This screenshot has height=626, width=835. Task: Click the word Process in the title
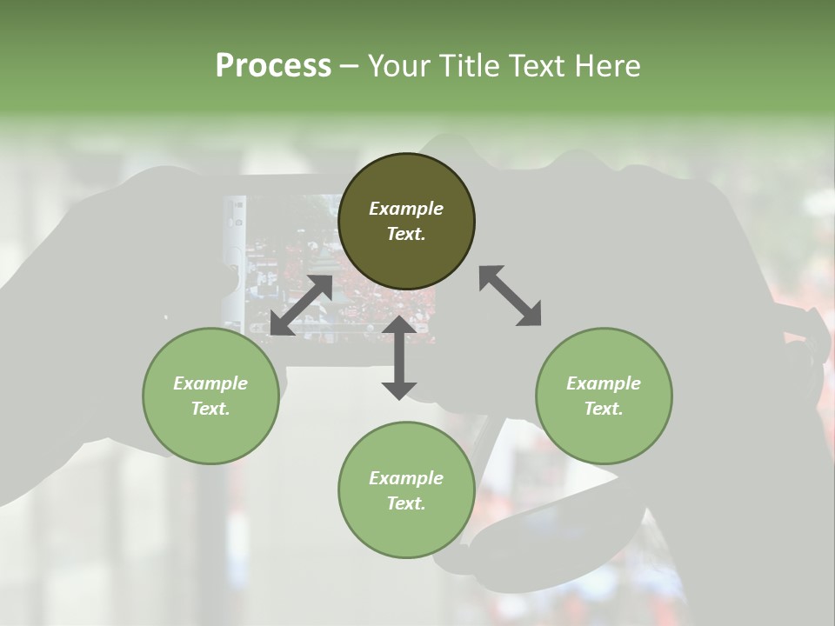[273, 66]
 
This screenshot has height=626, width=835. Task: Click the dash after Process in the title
[349, 68]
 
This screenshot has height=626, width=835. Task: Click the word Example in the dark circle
[406, 209]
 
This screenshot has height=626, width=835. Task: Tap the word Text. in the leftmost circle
[210, 409]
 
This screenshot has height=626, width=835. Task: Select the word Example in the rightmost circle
[604, 383]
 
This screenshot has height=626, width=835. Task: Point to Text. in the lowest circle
[406, 503]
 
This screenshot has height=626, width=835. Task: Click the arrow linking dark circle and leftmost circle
[301, 305]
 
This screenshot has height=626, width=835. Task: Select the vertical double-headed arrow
[399, 357]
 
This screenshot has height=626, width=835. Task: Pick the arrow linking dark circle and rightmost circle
[510, 296]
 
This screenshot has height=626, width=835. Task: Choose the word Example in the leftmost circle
[210, 383]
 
